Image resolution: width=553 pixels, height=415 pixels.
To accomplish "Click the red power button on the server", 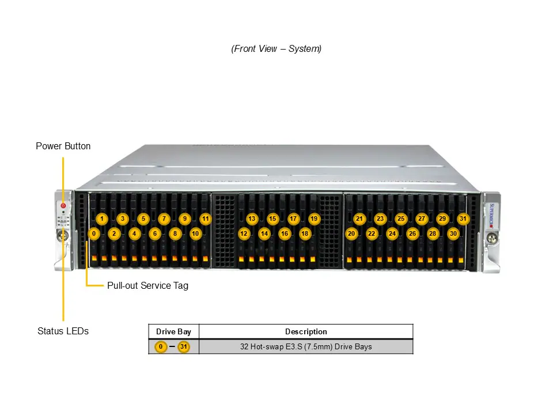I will coord(63,206).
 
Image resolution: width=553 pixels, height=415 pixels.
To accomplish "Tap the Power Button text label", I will coord(63,146).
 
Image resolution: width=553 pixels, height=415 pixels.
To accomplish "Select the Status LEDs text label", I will coord(63,331).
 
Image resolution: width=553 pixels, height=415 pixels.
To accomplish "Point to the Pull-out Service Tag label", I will coord(147,285).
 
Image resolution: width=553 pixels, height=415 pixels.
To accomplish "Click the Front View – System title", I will coord(276,49).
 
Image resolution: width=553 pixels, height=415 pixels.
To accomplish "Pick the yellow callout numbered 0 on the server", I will coord(94,233).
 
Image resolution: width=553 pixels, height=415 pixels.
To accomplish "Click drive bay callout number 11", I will coord(205,219).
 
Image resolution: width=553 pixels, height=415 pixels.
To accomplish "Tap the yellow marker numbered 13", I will coord(252,219).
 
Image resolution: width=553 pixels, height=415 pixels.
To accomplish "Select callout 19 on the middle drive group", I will coord(314,219).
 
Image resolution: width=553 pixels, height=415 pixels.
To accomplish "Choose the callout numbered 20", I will coord(351,233).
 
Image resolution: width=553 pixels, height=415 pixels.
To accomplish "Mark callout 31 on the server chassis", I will coord(463,219).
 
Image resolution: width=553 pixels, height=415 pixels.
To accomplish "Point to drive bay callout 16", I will coord(285,233).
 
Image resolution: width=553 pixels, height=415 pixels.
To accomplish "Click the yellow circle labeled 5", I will coord(143,219).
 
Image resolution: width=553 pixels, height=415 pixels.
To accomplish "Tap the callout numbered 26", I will coord(412,233).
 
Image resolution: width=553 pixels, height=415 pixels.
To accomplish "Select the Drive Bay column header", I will coord(173,331).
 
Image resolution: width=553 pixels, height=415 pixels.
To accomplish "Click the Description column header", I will coord(306,331).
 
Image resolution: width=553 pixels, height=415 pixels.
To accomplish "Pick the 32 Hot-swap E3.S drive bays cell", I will coord(306,346).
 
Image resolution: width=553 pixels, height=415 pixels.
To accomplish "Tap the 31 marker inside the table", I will coord(183,346).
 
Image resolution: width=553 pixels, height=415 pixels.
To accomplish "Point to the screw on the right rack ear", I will coord(491,237).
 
